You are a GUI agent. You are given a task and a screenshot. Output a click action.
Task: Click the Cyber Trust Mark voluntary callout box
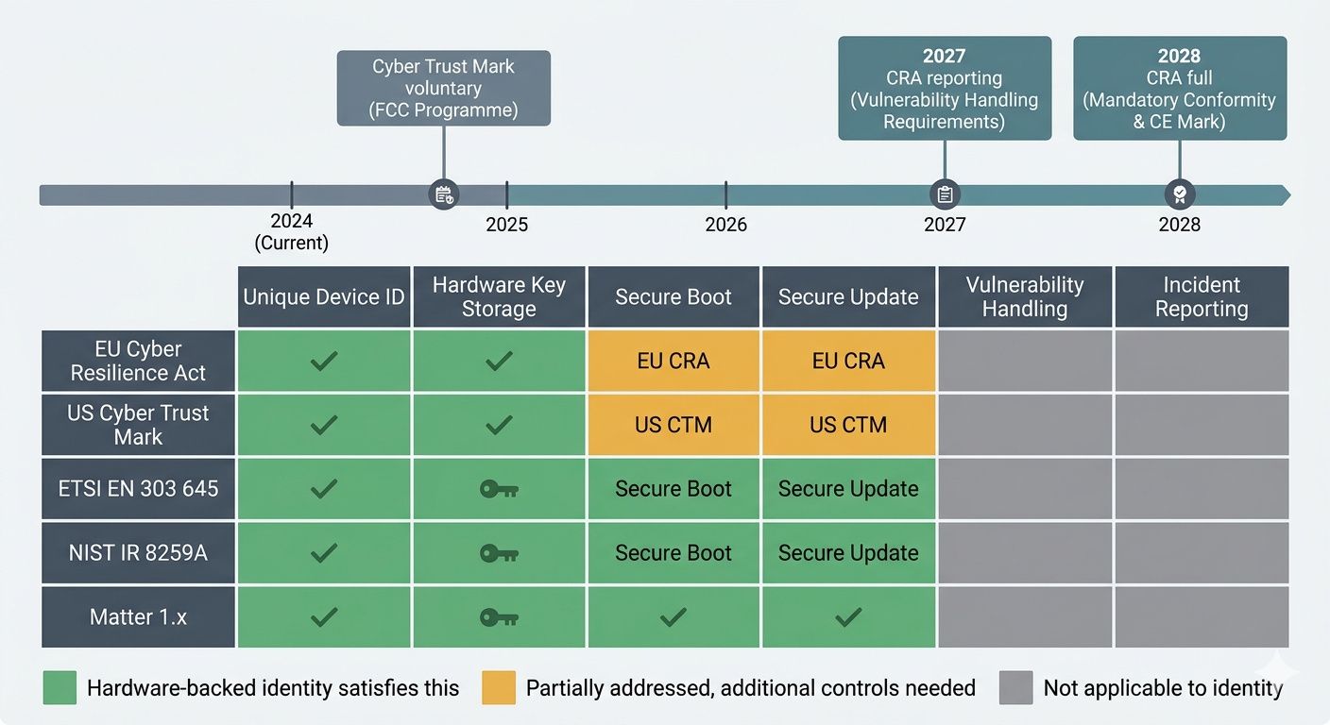[443, 89]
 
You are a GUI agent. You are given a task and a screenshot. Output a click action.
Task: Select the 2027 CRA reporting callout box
[945, 89]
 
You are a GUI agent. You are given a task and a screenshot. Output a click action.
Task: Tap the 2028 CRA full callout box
[1179, 89]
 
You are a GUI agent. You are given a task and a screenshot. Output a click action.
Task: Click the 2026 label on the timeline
[725, 225]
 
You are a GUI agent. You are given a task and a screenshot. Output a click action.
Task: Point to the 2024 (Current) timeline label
[291, 231]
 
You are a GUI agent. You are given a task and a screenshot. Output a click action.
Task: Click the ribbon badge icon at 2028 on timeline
[1179, 194]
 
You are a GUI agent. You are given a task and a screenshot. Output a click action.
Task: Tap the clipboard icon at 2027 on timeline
[945, 194]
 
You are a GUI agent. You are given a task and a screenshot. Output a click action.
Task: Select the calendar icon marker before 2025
[443, 194]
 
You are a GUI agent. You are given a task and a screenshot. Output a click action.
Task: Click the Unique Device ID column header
[324, 297]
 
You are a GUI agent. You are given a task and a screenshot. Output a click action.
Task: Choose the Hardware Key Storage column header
[499, 297]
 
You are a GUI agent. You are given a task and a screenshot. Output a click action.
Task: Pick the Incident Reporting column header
[1201, 297]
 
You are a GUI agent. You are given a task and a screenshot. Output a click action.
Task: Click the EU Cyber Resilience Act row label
[138, 361]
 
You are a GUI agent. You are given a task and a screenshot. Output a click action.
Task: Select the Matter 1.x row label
[138, 617]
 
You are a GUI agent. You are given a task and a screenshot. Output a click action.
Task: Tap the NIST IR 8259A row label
[138, 553]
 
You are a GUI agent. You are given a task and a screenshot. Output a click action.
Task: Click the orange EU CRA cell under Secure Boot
[673, 361]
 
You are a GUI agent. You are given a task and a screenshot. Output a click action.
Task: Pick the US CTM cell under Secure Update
[848, 425]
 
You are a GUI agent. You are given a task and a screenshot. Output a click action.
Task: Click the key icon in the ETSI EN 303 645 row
[499, 489]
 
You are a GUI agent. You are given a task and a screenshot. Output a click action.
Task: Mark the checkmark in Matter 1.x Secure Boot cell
[673, 617]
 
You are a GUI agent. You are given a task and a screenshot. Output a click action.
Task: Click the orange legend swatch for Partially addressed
[499, 688]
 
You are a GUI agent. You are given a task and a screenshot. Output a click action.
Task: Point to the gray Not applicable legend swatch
[1015, 688]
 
